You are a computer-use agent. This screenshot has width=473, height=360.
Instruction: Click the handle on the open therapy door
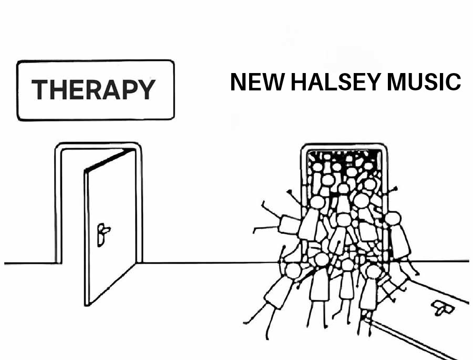(x=102, y=231)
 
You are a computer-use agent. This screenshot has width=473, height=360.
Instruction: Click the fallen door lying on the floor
(x=420, y=315)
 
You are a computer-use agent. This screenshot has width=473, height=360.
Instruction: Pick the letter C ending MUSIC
(x=453, y=82)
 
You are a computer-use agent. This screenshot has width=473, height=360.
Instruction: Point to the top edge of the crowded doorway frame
(x=344, y=145)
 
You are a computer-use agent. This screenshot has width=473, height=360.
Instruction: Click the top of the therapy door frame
(x=98, y=145)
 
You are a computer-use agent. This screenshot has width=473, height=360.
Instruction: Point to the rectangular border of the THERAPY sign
(x=95, y=61)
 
